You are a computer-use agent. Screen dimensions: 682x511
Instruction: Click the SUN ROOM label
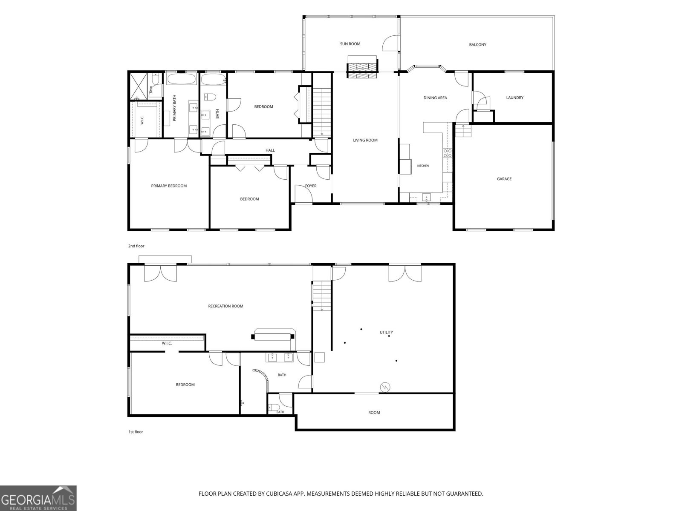350,44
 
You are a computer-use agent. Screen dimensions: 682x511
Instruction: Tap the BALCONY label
477,45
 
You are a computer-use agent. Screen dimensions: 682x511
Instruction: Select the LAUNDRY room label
515,98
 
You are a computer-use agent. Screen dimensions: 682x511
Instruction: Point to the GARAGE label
504,179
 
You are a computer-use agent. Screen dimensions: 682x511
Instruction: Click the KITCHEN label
423,166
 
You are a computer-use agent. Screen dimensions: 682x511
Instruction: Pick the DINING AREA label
435,98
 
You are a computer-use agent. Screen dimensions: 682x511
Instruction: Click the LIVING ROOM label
365,140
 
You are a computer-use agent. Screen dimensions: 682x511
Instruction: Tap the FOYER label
311,186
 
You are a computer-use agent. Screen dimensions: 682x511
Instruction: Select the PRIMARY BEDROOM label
169,186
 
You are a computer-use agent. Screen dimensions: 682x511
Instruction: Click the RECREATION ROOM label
225,306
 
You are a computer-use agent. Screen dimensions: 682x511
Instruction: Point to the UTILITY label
386,332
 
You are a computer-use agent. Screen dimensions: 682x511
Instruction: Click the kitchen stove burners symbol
448,153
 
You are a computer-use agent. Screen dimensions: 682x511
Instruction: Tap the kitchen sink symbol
426,197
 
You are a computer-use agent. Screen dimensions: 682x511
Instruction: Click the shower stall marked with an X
138,86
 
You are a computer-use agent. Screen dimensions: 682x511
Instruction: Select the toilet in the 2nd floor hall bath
210,97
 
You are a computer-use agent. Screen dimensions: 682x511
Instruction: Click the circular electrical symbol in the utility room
385,387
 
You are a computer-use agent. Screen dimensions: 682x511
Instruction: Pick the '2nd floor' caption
136,246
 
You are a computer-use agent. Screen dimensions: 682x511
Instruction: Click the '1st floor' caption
136,432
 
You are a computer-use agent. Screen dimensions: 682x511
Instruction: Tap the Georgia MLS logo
38,498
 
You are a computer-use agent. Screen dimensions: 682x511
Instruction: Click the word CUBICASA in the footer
278,494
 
